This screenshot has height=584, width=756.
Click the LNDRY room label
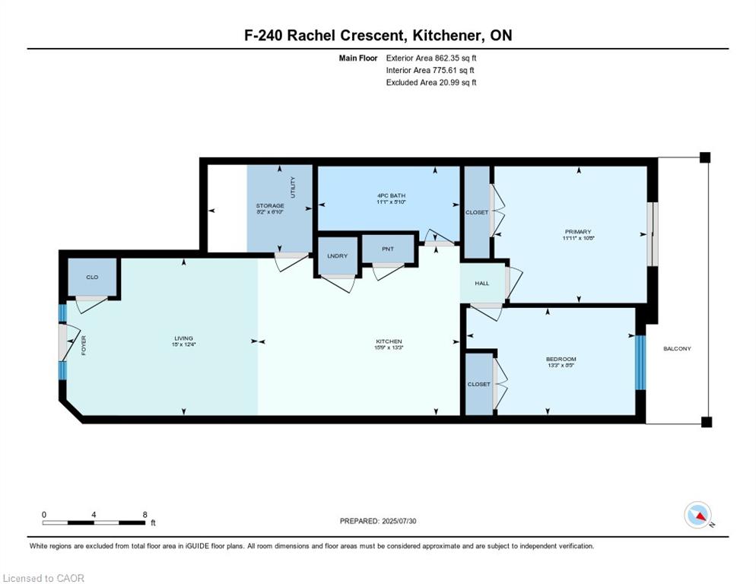337,256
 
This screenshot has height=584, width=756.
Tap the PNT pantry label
387,248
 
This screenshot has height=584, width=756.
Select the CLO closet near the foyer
92,278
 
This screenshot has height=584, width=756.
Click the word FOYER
84,347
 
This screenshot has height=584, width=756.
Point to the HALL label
481,284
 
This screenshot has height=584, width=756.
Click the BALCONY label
677,349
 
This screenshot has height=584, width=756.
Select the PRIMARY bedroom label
579,232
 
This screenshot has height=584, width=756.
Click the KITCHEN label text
388,341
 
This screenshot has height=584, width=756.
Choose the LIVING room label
183,338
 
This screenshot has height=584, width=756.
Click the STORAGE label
270,206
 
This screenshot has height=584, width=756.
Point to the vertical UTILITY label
293,188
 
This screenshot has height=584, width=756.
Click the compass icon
697,515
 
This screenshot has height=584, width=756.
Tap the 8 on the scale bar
145,515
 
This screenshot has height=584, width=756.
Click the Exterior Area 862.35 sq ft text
431,57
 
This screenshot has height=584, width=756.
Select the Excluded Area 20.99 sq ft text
431,82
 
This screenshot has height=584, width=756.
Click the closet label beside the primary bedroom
477,213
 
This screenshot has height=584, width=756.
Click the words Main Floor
357,57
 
